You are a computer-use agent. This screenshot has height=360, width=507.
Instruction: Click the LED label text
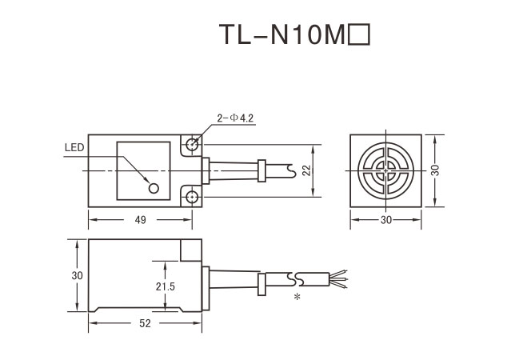click(74, 148)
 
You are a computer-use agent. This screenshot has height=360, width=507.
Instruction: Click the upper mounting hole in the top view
click(192, 145)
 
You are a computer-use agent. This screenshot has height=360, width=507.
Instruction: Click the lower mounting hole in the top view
click(192, 197)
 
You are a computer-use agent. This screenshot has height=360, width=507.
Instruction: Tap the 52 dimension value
click(146, 323)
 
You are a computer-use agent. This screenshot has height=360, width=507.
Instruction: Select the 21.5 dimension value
click(166, 286)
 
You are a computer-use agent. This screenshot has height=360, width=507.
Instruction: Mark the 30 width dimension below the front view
click(386, 218)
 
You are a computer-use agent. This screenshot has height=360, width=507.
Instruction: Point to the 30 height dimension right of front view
click(437, 171)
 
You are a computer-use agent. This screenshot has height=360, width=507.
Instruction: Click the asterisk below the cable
click(297, 298)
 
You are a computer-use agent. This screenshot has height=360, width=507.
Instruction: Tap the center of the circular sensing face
click(385, 170)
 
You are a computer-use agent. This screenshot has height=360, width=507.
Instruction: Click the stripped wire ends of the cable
click(339, 280)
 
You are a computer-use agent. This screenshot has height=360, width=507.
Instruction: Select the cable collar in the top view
click(261, 170)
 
